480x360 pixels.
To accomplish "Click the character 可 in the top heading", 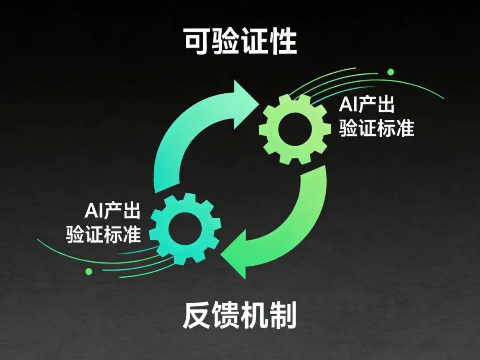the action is tap(197, 43).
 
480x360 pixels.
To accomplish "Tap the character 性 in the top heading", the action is tap(283, 43).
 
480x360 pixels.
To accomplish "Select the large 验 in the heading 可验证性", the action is tap(226, 43).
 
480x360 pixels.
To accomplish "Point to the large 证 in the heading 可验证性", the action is tap(254, 43).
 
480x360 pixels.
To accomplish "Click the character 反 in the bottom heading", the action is tap(196, 316).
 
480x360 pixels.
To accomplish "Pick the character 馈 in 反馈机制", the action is tap(225, 316).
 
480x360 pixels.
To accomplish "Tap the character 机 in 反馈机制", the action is tap(254, 316).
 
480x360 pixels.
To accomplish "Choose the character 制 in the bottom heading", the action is tap(283, 316).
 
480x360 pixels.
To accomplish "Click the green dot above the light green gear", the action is tap(391, 72).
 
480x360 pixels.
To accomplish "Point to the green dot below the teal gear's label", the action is tap(88, 271).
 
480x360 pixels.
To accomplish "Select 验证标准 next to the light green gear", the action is tap(376, 129).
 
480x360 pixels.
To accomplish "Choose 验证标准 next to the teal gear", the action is tap(104, 234).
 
